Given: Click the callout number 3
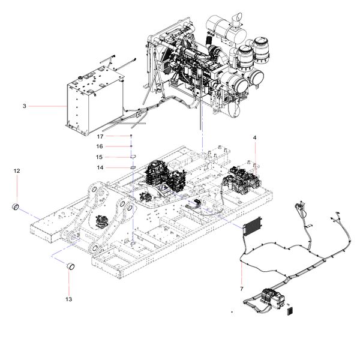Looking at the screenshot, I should click(x=24, y=106).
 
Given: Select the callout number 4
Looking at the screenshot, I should click(x=255, y=138).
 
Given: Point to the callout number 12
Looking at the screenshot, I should click(x=17, y=171).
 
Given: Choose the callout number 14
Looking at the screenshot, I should click(x=101, y=167).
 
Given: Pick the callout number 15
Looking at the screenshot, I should click(x=101, y=157).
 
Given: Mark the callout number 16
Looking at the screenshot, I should click(x=101, y=146).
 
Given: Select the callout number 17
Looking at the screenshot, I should click(x=101, y=136).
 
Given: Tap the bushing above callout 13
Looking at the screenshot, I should click(x=70, y=265).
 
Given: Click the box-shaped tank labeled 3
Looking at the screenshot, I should click(x=93, y=102).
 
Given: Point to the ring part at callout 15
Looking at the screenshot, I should click(x=132, y=157).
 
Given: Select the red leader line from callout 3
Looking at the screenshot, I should click(x=48, y=106).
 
